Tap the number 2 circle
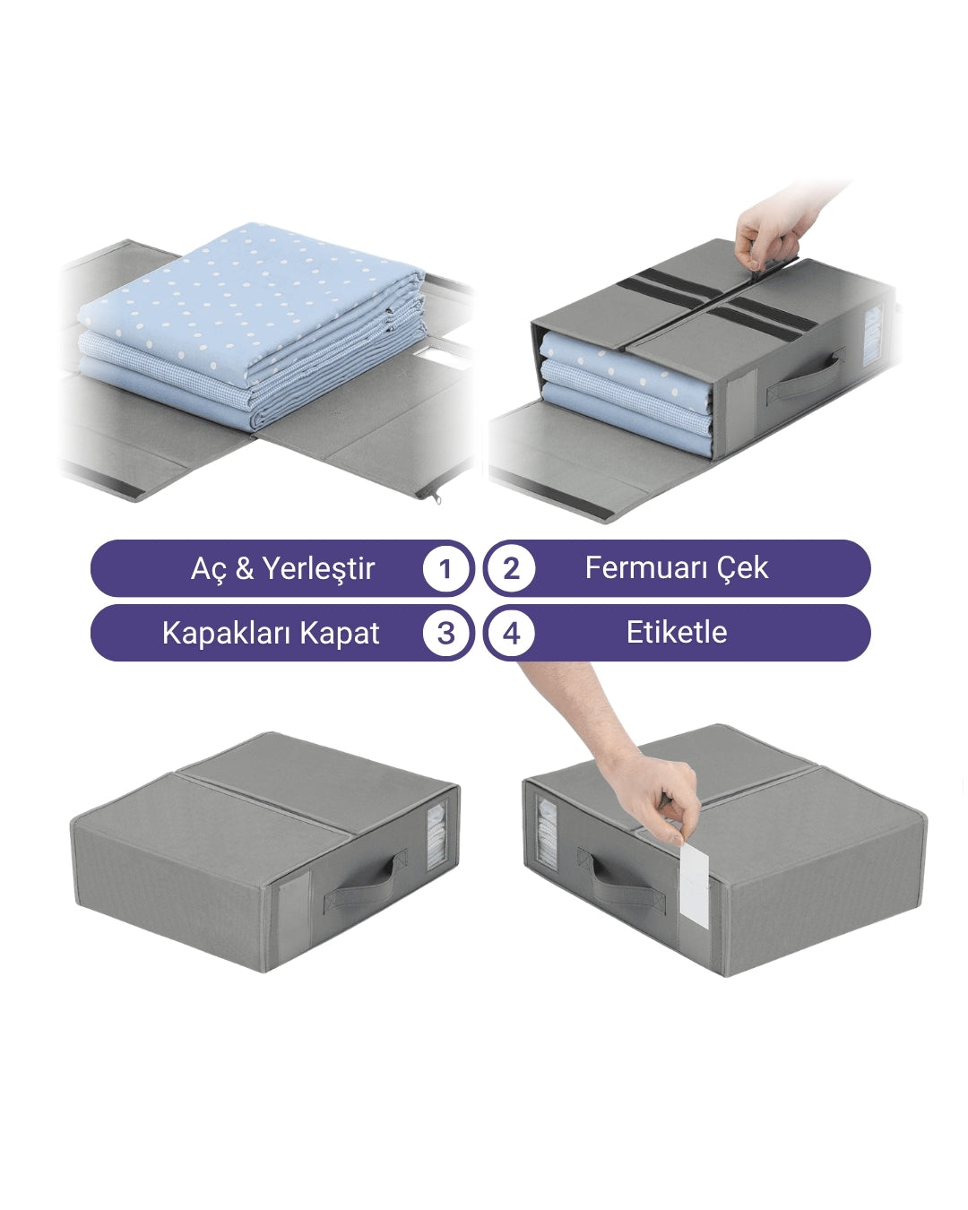coord(511,568)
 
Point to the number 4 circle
coord(511,633)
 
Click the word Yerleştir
coord(318,568)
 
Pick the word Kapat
coord(340,634)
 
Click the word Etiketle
coord(677,633)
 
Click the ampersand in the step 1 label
coord(244,568)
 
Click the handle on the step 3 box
coord(366,885)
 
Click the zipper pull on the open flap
coord(436,497)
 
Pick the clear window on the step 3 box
coord(436,834)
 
